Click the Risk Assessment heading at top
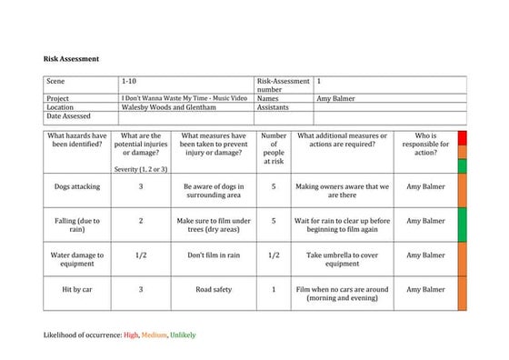(71, 58)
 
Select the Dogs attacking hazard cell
(77, 186)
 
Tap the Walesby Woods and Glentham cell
(169, 106)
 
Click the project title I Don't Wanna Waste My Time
(185, 97)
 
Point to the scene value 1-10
(129, 82)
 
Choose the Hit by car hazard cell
(77, 290)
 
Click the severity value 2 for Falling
(141, 221)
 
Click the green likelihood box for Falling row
(462, 225)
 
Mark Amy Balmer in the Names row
(336, 97)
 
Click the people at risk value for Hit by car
(274, 290)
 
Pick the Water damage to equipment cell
(77, 260)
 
